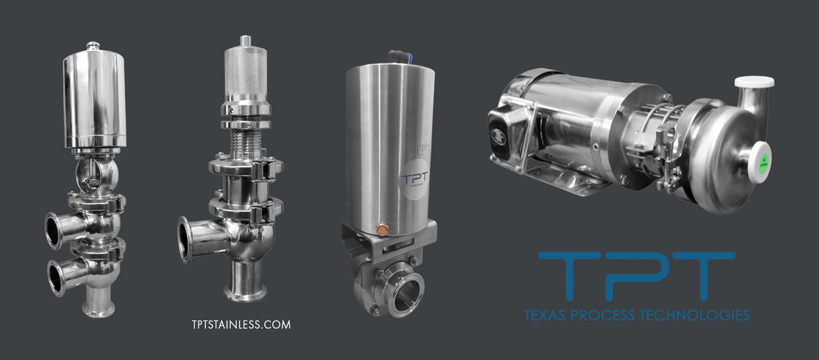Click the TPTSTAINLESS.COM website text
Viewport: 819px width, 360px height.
click(x=241, y=324)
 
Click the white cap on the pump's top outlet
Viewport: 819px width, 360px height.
click(x=754, y=82)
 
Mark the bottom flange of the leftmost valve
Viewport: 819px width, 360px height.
click(x=98, y=309)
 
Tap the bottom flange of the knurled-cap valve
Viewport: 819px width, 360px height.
click(x=245, y=292)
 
